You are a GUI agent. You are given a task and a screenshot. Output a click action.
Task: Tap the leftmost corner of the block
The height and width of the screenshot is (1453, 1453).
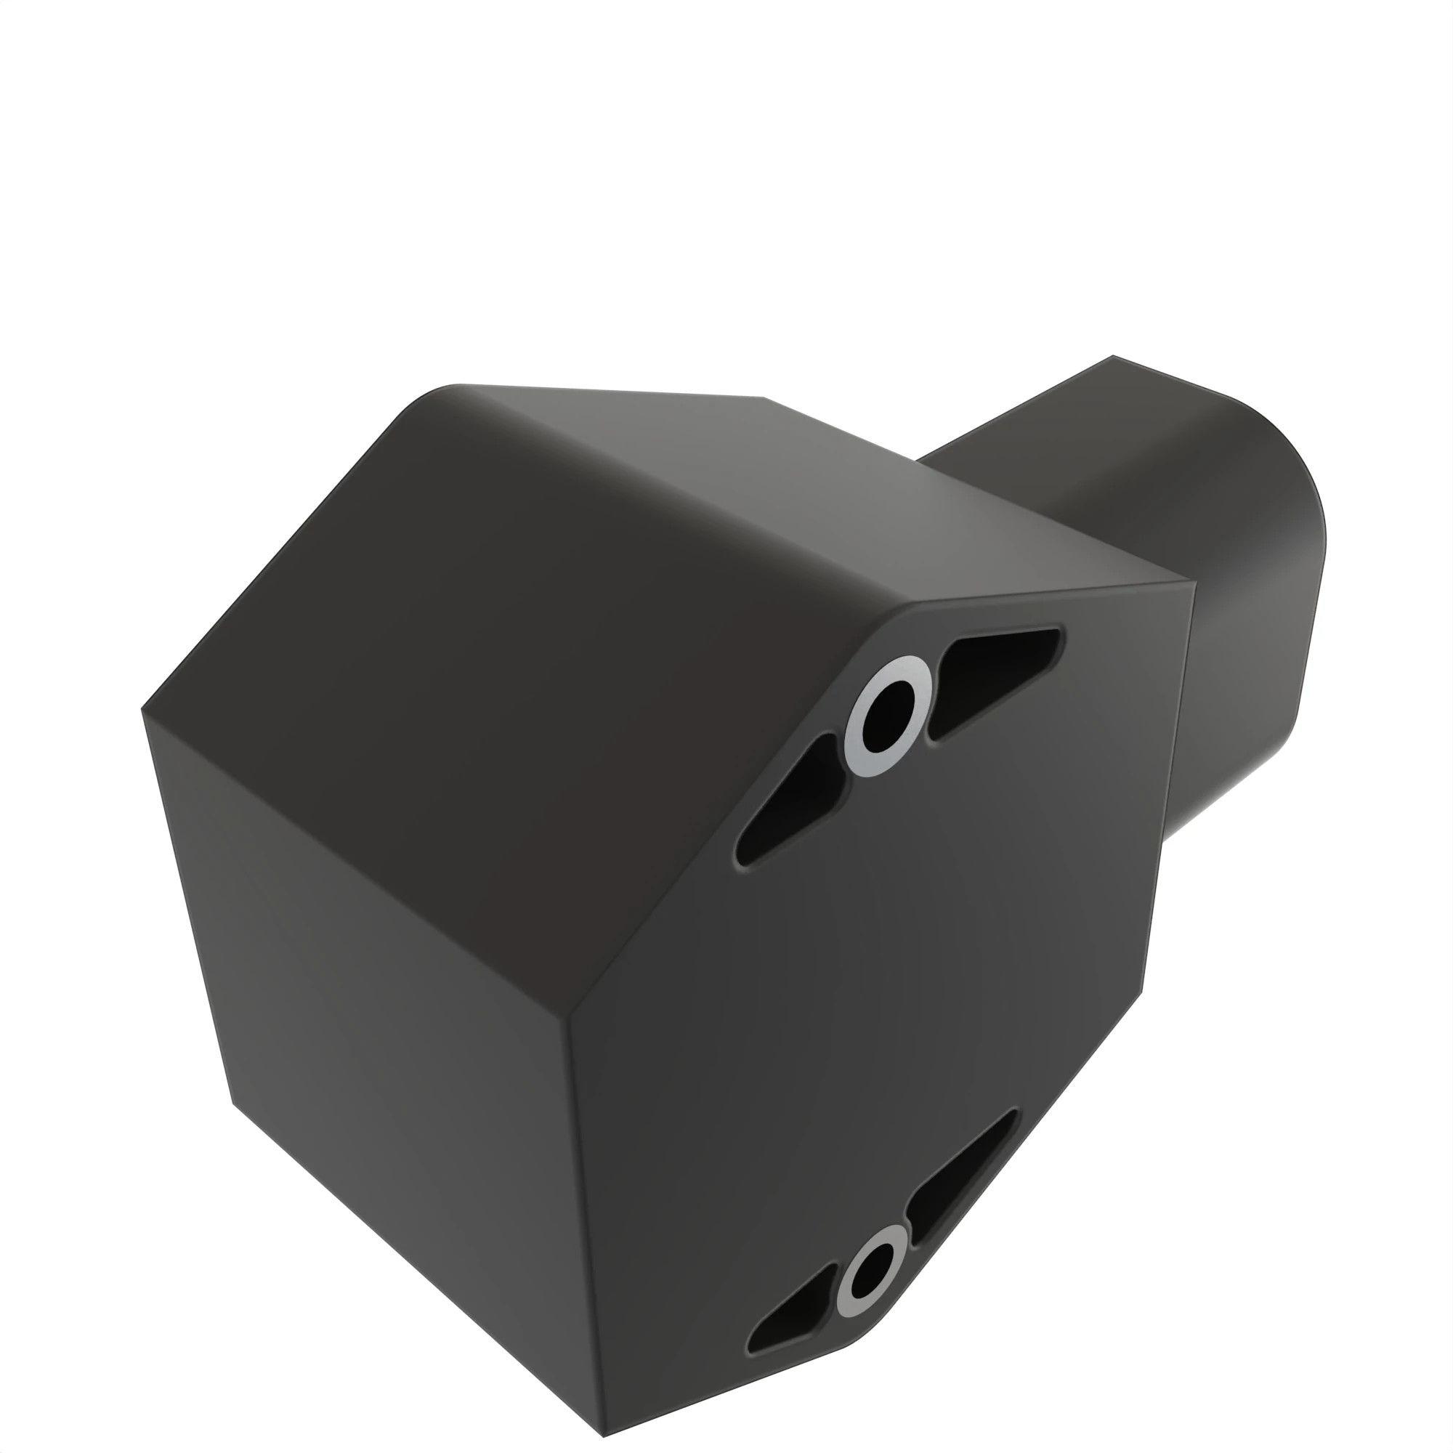(x=142, y=708)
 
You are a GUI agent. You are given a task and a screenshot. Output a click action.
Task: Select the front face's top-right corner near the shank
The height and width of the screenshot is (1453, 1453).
(x=1193, y=583)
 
